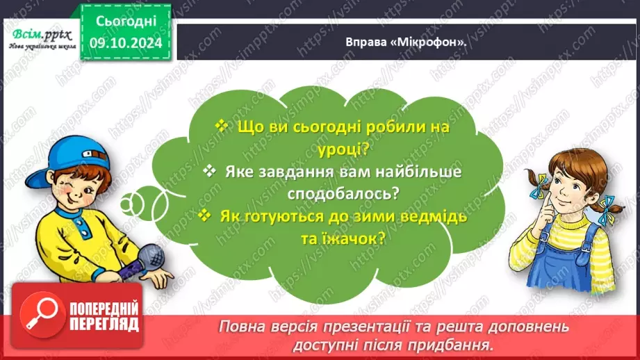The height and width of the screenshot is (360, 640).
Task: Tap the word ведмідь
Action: tap(432, 216)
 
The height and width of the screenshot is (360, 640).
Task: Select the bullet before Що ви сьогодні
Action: tap(222, 126)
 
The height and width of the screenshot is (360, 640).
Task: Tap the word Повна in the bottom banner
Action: tap(240, 326)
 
